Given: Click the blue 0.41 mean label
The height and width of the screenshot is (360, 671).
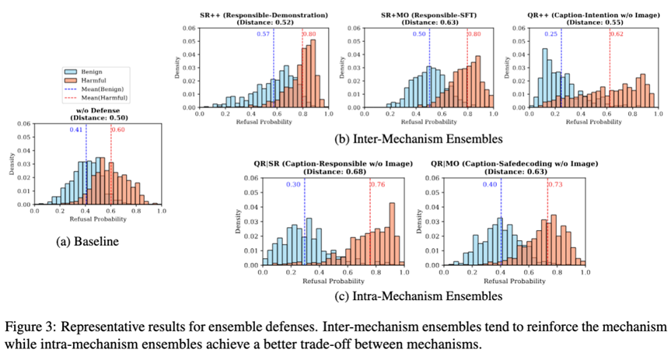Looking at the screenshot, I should pyautogui.click(x=76, y=130).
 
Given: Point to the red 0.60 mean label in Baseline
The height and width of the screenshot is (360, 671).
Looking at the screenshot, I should pyautogui.click(x=117, y=130).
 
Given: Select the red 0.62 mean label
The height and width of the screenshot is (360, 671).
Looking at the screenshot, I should pyautogui.click(x=617, y=34).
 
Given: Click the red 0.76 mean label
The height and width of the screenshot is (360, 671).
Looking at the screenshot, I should pyautogui.click(x=379, y=184).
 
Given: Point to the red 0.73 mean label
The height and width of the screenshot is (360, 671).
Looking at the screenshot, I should pyautogui.click(x=557, y=184).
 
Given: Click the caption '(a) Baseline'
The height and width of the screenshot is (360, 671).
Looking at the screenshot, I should pyautogui.click(x=88, y=242).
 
